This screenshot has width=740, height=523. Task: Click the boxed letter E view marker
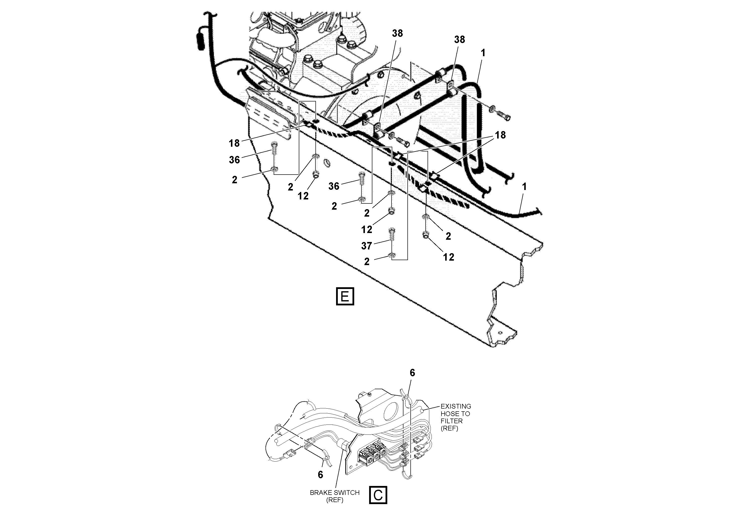(x=345, y=296)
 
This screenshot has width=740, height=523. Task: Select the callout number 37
(x=366, y=246)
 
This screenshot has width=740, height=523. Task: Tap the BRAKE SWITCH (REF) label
(x=335, y=496)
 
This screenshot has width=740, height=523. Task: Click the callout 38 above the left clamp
(x=397, y=33)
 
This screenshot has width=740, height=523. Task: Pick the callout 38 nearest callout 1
(x=459, y=39)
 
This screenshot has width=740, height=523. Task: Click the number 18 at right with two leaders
(x=500, y=135)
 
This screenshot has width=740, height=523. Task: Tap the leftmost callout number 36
(x=234, y=160)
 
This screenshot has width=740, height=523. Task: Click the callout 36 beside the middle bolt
(x=334, y=186)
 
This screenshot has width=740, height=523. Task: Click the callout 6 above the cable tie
(x=412, y=373)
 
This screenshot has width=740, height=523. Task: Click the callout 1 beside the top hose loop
(x=483, y=53)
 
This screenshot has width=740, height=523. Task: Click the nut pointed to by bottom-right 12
(x=426, y=235)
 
